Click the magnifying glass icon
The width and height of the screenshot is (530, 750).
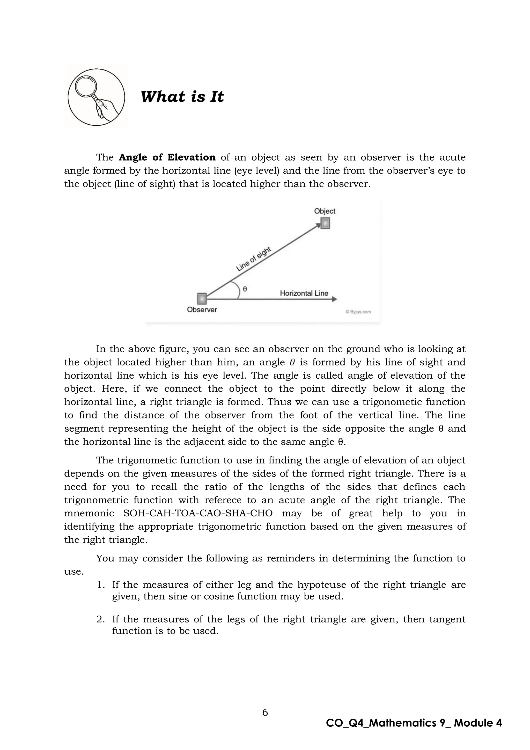coord(96,97)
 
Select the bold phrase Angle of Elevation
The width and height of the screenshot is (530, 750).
coord(167,157)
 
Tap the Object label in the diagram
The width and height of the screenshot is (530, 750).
coord(325,211)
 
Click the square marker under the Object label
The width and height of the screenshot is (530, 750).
coord(325,223)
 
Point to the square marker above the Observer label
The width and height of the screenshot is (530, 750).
coord(202,299)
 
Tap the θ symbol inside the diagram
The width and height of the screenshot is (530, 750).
coord(245,289)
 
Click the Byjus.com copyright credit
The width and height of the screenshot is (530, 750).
coord(358,312)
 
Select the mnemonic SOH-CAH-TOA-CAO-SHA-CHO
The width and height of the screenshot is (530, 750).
coord(198,513)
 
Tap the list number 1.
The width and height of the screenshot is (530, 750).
coord(100,585)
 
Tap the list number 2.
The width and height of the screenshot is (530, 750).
coord(100,619)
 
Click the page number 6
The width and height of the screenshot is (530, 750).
coord(265,712)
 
